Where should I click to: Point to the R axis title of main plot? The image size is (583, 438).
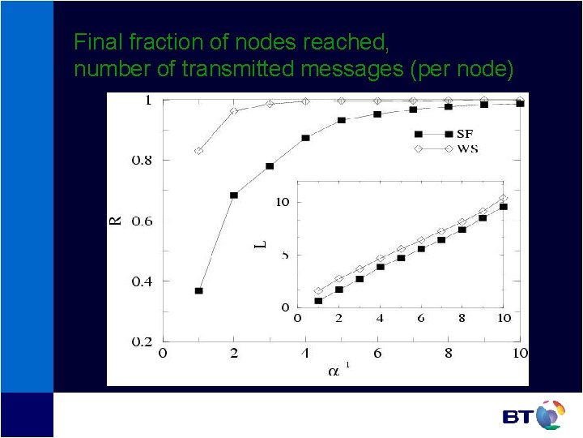coord(116,219)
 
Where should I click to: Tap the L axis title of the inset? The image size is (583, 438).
coord(260,242)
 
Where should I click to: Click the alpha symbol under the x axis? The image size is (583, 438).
coord(334,372)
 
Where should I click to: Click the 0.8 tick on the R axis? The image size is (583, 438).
coord(141,161)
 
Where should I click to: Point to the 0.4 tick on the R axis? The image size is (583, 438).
coord(141,281)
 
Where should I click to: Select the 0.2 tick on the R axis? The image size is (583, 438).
coord(141,342)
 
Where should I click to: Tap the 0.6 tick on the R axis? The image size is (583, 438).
coord(141,221)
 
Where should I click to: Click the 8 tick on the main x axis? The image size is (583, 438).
coord(449,354)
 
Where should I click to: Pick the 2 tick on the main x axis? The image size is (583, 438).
coord(234,354)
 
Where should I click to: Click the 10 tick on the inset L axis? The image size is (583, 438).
coord(281,202)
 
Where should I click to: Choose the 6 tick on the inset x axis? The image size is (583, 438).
coord(421,318)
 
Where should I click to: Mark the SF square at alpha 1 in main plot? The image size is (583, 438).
coord(198,290)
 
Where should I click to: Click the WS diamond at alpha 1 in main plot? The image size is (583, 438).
coord(198,151)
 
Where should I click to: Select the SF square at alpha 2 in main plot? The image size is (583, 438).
coord(234,195)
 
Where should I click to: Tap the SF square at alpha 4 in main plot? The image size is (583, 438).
coord(305,138)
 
